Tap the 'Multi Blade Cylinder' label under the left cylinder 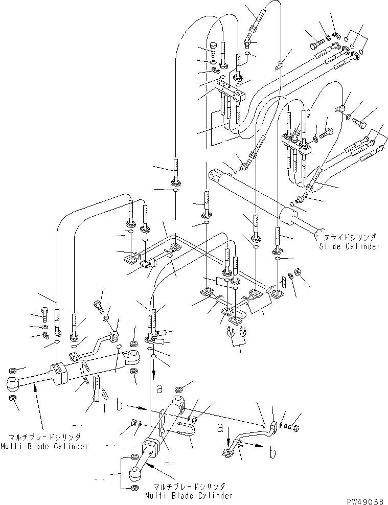[x=49, y=446]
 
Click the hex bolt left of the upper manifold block [x=213, y=50]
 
